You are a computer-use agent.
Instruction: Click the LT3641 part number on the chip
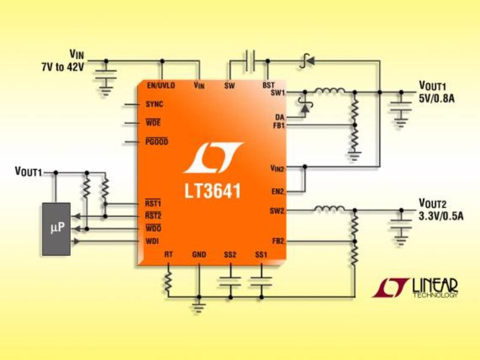click(x=212, y=191)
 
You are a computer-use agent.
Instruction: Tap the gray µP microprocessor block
click(x=56, y=229)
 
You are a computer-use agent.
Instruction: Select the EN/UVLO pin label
click(x=161, y=86)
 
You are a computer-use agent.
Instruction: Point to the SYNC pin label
click(x=154, y=104)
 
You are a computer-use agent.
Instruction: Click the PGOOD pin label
click(x=157, y=142)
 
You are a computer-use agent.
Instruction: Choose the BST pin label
click(x=268, y=86)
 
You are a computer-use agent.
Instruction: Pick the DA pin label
click(x=280, y=116)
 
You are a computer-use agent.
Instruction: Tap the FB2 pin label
click(x=278, y=241)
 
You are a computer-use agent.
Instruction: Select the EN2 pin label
click(x=278, y=192)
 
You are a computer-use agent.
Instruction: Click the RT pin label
click(x=169, y=255)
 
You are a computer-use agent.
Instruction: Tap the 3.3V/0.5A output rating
click(x=440, y=215)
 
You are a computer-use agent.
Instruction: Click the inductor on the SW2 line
click(x=328, y=210)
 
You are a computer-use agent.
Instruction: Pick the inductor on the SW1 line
click(x=329, y=92)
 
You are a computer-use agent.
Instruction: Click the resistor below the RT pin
click(x=169, y=280)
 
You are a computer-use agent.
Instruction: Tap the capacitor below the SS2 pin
click(x=230, y=280)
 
